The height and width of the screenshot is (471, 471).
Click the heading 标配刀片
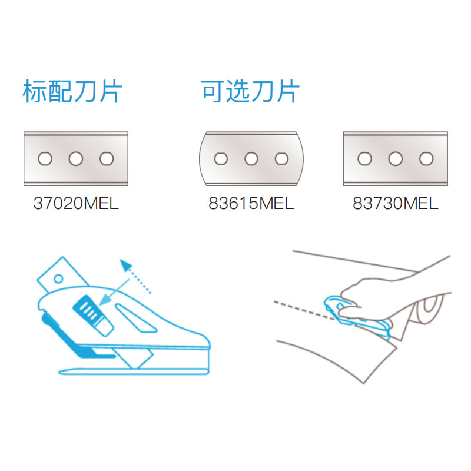pyautogui.click(x=72, y=91)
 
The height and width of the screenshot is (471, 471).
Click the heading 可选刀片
pyautogui.click(x=250, y=91)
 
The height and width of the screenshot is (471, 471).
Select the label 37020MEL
pyautogui.click(x=76, y=203)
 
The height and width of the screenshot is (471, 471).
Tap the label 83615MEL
pyautogui.click(x=251, y=203)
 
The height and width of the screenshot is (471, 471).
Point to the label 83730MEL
pyautogui.click(x=395, y=203)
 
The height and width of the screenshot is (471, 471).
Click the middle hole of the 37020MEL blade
pyautogui.click(x=76, y=158)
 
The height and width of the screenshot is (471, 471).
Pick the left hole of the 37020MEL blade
pyautogui.click(x=45, y=158)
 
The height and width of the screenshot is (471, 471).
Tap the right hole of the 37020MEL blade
pyautogui.click(x=107, y=158)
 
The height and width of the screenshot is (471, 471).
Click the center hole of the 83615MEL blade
pyautogui.click(x=251, y=158)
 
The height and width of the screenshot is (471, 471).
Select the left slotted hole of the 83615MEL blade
pyautogui.click(x=221, y=158)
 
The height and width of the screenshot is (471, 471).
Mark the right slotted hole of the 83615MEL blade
pyautogui.click(x=282, y=158)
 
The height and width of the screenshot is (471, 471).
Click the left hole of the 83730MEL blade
pyautogui.click(x=364, y=158)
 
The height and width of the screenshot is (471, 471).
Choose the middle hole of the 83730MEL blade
pyautogui.click(x=395, y=158)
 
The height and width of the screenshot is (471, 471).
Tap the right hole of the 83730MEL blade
pyautogui.click(x=426, y=158)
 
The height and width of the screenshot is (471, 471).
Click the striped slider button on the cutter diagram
pyautogui.click(x=93, y=315)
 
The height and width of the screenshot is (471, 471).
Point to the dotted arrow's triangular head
pyautogui.click(x=126, y=266)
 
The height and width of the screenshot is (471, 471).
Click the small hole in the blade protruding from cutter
pyautogui.click(x=58, y=278)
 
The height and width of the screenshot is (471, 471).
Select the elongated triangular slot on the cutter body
pyautogui.click(x=136, y=319)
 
